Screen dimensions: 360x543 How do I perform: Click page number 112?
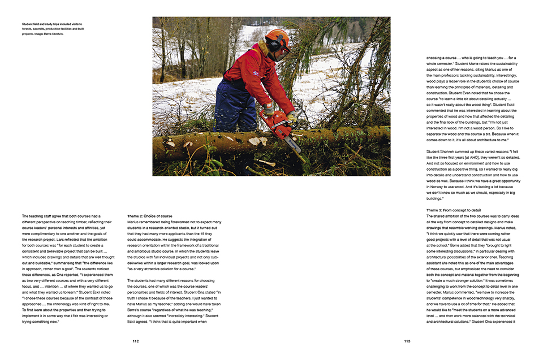pos(136,341)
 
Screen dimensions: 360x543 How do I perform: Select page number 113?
pos(407,341)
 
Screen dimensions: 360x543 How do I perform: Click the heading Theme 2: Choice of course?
pos(149,216)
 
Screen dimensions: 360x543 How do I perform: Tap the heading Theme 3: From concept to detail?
pos(454,210)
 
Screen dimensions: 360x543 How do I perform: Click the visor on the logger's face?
pos(285,49)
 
